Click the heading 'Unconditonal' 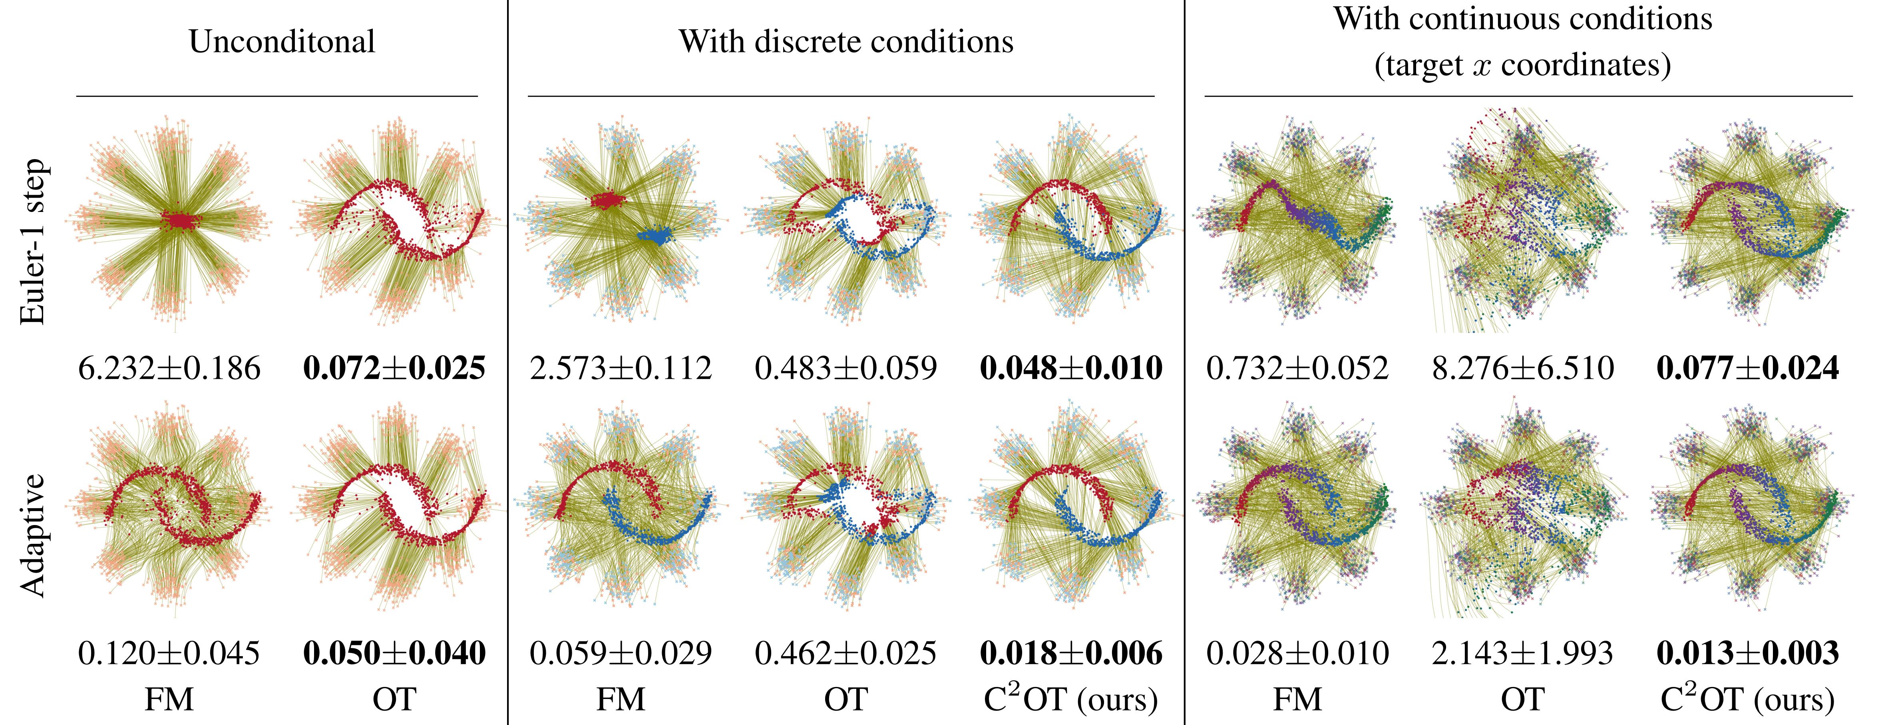click(282, 42)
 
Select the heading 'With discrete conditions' click(846, 42)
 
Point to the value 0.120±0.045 click(169, 653)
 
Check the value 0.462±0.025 click(846, 653)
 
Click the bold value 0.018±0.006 click(1071, 653)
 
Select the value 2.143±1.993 click(1522, 653)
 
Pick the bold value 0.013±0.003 click(1748, 653)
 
